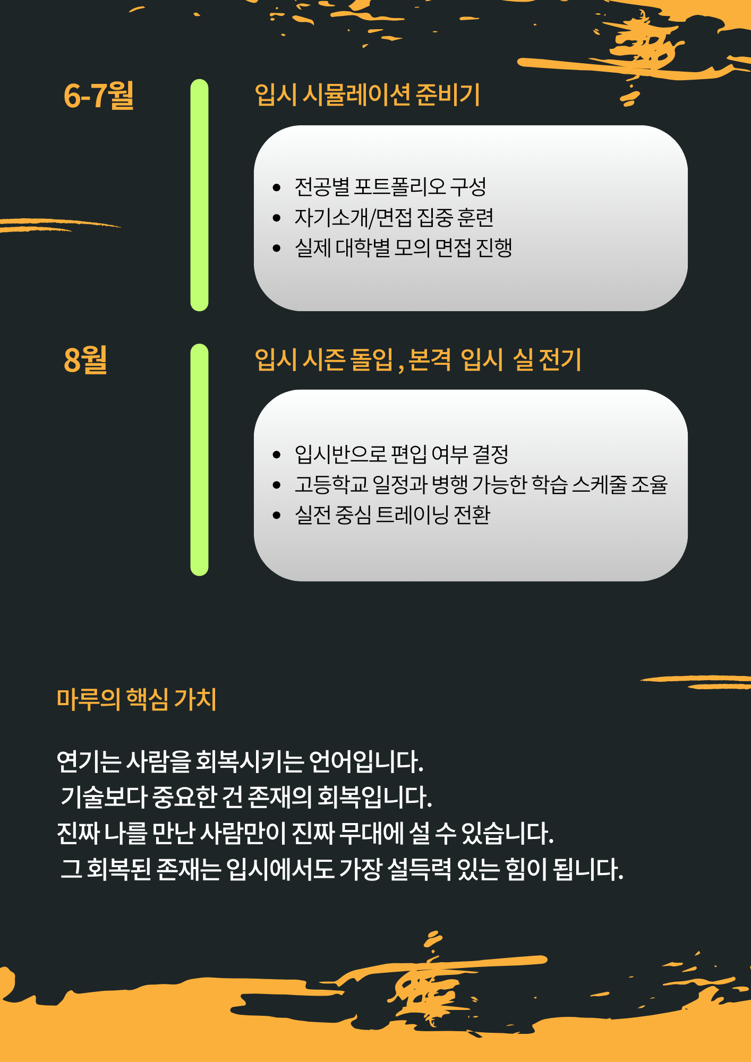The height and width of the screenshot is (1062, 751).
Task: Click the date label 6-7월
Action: click(x=99, y=96)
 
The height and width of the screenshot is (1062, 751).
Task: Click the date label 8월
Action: click(x=86, y=359)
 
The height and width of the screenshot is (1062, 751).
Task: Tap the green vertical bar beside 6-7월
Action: click(x=199, y=195)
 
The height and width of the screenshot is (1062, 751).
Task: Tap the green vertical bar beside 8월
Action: click(x=199, y=460)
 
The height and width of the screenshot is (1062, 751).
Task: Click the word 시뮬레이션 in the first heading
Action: click(x=356, y=95)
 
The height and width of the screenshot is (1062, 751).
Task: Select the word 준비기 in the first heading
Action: click(x=448, y=95)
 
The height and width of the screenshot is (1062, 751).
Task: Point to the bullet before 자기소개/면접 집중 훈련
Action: click(x=276, y=218)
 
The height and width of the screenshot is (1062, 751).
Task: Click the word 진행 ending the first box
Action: click(x=494, y=247)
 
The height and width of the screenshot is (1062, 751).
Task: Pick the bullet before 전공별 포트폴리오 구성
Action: click(x=276, y=187)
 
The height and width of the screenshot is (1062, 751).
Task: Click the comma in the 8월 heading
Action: click(x=401, y=365)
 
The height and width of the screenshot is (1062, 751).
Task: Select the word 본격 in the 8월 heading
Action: click(x=430, y=359)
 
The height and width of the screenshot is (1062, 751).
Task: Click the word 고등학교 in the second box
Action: click(x=331, y=484)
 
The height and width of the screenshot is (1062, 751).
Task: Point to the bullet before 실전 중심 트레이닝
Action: click(x=276, y=515)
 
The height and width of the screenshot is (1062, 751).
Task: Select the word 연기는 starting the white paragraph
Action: click(x=89, y=761)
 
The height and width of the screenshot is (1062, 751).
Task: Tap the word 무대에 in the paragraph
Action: click(x=372, y=833)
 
